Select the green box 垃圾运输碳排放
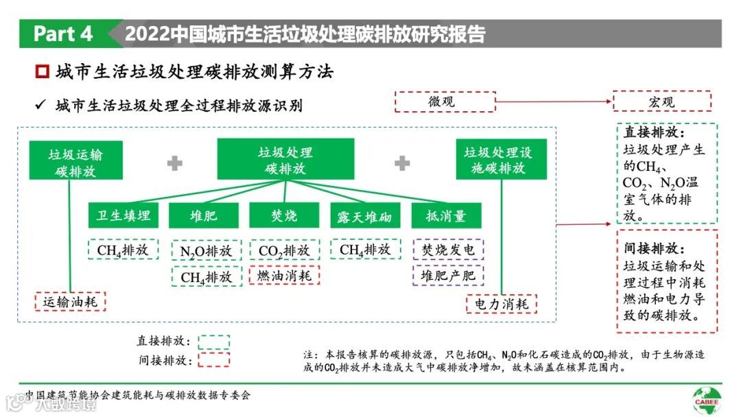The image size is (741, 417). (75, 162)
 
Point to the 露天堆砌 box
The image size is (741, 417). (364, 217)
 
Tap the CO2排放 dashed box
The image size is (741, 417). (284, 250)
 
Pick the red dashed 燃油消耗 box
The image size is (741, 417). (284, 276)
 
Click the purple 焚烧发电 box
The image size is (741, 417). (448, 250)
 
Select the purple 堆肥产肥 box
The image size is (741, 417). (448, 276)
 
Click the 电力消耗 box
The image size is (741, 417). (502, 304)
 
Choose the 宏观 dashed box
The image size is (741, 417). (661, 102)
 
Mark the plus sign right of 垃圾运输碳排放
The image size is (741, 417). (175, 163)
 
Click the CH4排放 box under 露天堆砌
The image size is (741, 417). (364, 250)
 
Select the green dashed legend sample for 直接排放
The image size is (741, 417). (213, 342)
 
